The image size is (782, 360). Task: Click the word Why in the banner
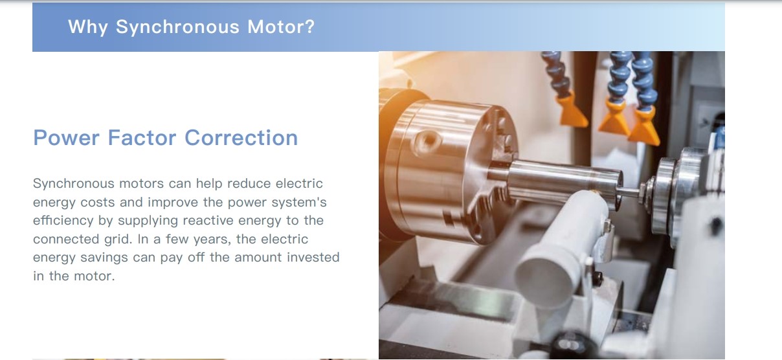tap(87, 27)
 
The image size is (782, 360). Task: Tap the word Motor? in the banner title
tap(281, 27)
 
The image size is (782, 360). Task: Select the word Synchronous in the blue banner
tap(177, 27)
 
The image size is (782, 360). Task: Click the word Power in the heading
tap(66, 137)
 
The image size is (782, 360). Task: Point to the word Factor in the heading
tap(142, 137)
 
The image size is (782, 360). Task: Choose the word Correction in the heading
tap(241, 137)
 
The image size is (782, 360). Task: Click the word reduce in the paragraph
tap(249, 183)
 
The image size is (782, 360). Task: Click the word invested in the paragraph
tap(313, 257)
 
